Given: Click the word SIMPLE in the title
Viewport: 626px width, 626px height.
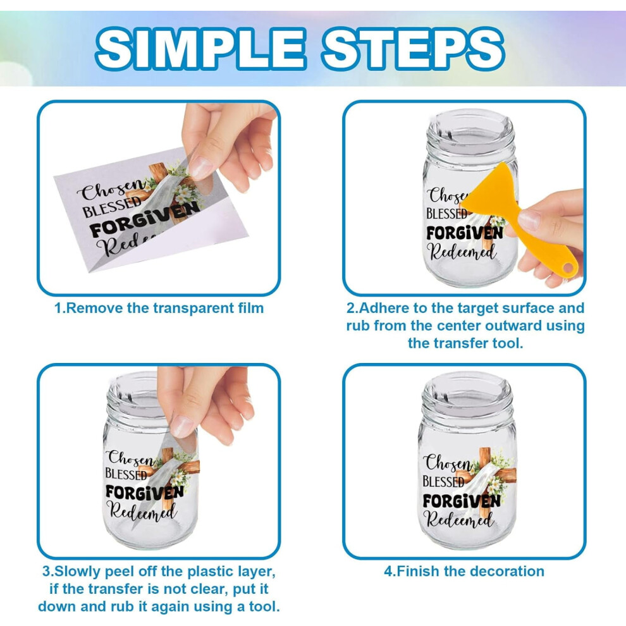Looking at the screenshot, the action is point(200,49).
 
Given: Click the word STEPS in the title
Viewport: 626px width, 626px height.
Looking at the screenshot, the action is point(414,49).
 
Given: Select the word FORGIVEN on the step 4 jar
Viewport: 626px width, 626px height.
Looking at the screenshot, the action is point(462,501).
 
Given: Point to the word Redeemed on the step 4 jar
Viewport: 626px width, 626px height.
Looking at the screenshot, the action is point(459,519).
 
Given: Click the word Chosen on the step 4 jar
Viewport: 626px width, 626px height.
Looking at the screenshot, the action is point(448,462).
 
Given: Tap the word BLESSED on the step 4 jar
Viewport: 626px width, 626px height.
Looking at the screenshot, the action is point(443,481).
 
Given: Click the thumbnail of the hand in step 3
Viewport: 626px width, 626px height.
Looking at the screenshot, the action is point(205,404).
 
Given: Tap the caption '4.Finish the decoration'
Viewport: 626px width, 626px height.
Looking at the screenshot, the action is point(464,572).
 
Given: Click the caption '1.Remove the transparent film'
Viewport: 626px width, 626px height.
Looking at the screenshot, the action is point(159,308).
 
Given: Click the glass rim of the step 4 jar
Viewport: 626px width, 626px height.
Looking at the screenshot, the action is point(467,385).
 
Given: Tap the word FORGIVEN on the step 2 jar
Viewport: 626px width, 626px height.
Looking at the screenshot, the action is point(464,233).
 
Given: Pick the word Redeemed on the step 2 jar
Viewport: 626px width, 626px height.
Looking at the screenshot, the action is point(462,252).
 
